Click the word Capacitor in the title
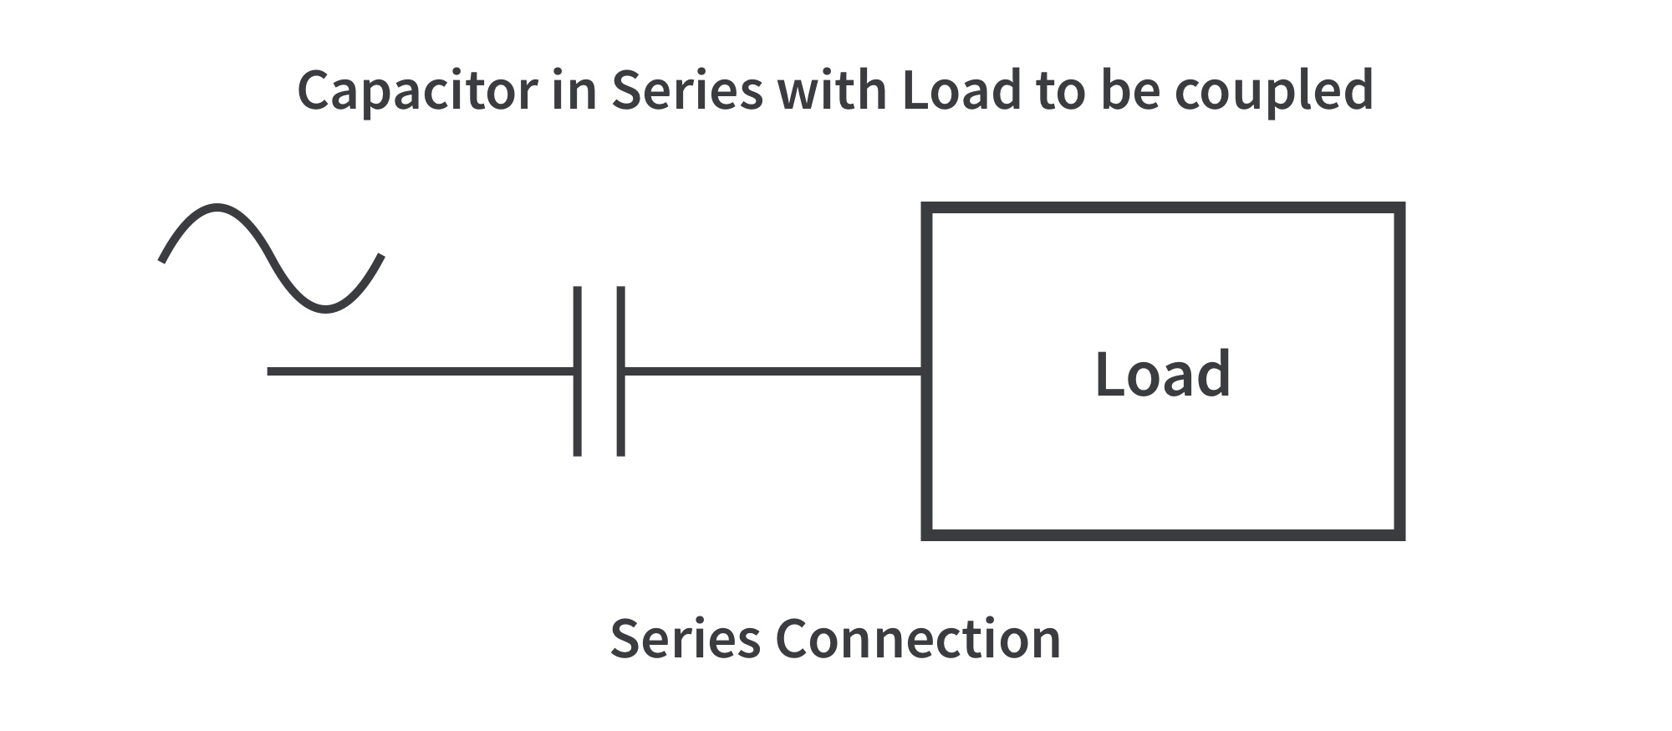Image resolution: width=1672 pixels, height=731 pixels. coord(416,90)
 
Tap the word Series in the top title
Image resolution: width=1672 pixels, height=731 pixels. coord(687,90)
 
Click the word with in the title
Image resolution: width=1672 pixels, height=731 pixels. coord(831,90)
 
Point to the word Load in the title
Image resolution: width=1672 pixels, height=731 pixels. coord(961,90)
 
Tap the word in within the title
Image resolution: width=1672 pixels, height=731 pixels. coord(573,90)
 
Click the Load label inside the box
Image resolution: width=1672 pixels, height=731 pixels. coord(1162,374)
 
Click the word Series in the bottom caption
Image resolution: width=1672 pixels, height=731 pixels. coord(685,639)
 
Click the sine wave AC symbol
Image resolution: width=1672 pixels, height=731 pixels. coord(272,258)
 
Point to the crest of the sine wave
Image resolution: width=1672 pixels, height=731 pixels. coord(217,207)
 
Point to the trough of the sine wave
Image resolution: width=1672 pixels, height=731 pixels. coord(326,309)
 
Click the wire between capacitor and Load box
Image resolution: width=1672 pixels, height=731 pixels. coord(773,371)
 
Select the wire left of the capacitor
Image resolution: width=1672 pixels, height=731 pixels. coord(418,371)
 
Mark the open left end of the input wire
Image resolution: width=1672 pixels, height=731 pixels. coord(270,371)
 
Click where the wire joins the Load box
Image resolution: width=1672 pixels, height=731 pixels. coord(923,371)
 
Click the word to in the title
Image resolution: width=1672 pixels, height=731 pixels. coord(1058,90)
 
